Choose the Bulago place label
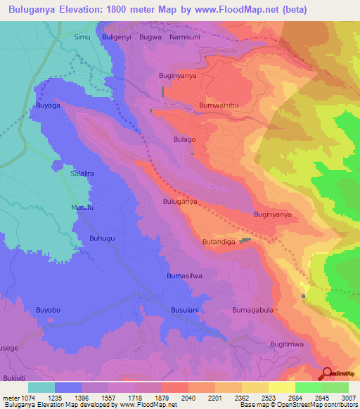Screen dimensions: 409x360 coord(184,140)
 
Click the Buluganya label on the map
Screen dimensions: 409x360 coord(180,201)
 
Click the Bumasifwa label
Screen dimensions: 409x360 coord(185,276)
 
